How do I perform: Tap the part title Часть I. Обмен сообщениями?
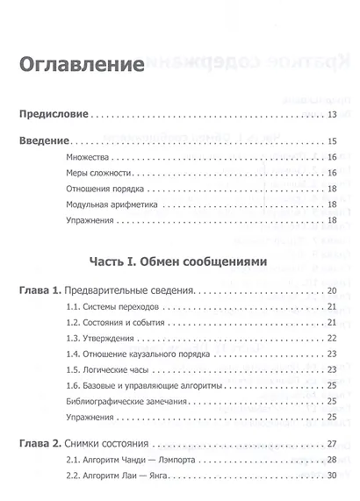click(177, 261)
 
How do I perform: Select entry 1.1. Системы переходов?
click(110, 306)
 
